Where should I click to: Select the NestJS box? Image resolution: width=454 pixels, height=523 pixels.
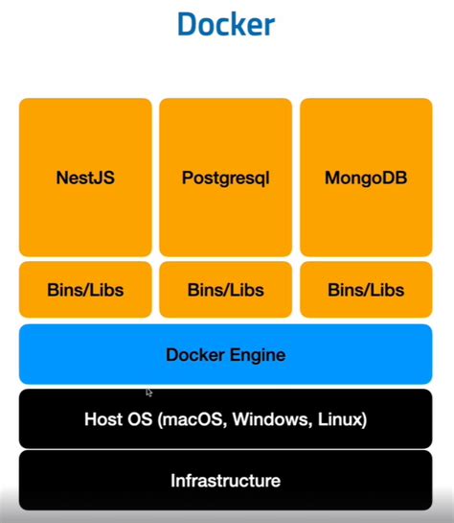pyautogui.click(x=85, y=177)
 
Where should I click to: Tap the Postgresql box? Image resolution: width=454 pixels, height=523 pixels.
pyautogui.click(x=225, y=177)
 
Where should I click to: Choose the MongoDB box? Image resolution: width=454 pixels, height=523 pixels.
pyautogui.click(x=366, y=177)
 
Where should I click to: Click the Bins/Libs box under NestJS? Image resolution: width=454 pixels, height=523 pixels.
pyautogui.click(x=85, y=289)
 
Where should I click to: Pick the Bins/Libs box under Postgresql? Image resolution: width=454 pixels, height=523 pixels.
pyautogui.click(x=225, y=289)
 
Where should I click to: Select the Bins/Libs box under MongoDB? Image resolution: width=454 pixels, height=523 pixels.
pyautogui.click(x=366, y=289)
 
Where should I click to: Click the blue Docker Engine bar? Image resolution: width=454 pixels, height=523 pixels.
pyautogui.click(x=226, y=354)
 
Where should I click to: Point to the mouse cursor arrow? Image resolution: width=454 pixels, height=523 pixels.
pyautogui.click(x=149, y=392)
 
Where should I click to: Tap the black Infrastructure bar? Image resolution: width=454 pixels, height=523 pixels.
pyautogui.click(x=226, y=480)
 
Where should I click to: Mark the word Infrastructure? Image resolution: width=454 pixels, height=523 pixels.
pyautogui.click(x=226, y=480)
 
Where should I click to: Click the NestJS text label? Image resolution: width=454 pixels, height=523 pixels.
pyautogui.click(x=85, y=178)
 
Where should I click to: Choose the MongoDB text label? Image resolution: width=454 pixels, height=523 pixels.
pyautogui.click(x=366, y=178)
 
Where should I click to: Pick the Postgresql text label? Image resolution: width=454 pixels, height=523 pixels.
pyautogui.click(x=225, y=178)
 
